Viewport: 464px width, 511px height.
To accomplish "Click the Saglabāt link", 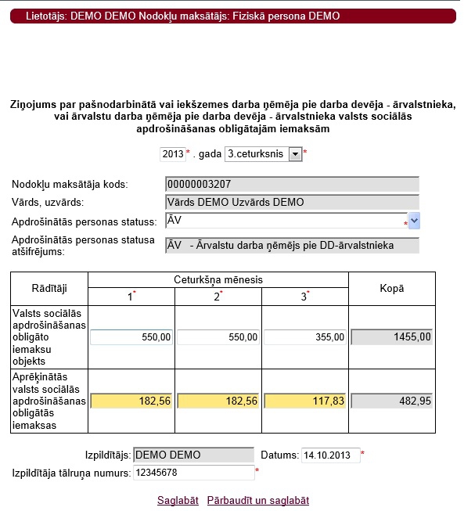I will pyautogui.click(x=178, y=500).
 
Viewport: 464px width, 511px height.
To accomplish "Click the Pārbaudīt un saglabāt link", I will pyautogui.click(x=258, y=500).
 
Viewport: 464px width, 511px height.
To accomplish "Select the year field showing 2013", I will pyautogui.click(x=172, y=154).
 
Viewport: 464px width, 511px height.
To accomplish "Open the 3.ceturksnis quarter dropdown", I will pyautogui.click(x=263, y=154).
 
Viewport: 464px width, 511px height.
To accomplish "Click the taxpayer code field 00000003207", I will pyautogui.click(x=292, y=185).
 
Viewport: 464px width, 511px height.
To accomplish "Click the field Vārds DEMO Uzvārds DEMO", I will pyautogui.click(x=292, y=202).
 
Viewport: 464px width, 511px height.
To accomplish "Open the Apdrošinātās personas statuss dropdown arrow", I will pyautogui.click(x=414, y=221).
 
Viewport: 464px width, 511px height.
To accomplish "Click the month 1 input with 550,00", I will pyautogui.click(x=131, y=337).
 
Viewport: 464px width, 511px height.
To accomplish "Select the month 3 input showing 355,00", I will pyautogui.click(x=304, y=337).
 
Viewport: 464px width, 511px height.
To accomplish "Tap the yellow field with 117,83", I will pyautogui.click(x=304, y=400).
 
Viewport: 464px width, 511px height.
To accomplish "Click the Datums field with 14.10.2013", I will pyautogui.click(x=330, y=455).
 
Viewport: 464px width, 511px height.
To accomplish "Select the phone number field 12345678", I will pyautogui.click(x=193, y=473).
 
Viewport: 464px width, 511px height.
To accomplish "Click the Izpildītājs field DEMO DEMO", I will pyautogui.click(x=193, y=455).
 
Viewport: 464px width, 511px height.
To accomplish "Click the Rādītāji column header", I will pyautogui.click(x=49, y=289).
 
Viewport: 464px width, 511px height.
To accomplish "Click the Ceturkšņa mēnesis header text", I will pyautogui.click(x=218, y=279).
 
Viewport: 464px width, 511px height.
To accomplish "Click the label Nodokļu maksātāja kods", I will pyautogui.click(x=70, y=185).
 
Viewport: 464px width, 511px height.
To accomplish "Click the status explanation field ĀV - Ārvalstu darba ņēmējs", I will pyautogui.click(x=292, y=246).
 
